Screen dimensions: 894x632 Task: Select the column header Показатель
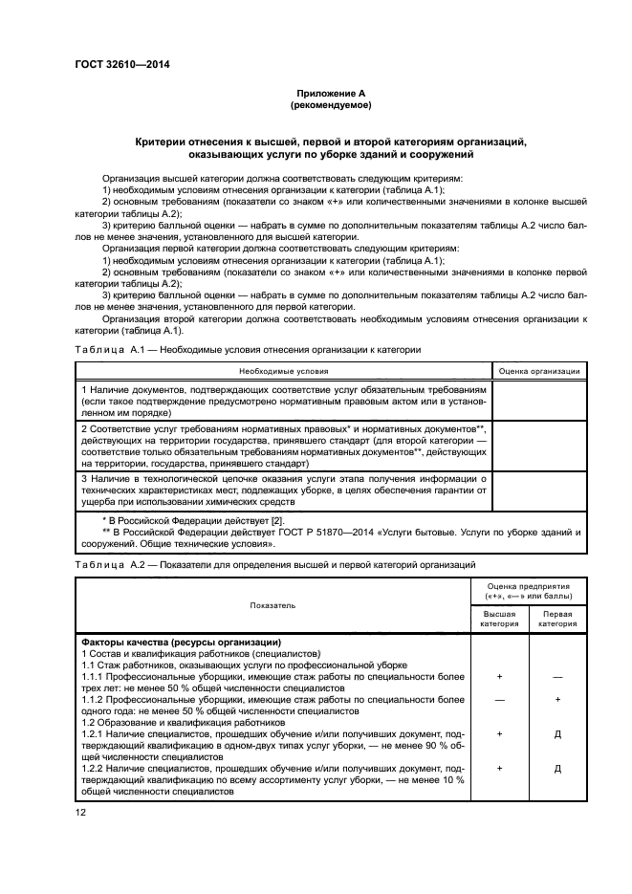(273, 605)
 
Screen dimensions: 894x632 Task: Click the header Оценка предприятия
(529, 590)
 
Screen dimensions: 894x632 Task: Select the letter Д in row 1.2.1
(558, 734)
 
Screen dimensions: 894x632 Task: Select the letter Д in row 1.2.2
(558, 769)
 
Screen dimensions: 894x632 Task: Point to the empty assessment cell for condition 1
(540, 402)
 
